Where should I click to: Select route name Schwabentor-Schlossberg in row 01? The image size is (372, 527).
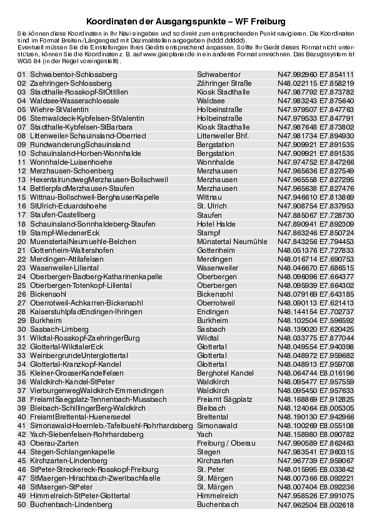point(74,74)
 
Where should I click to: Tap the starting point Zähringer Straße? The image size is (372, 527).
point(224,83)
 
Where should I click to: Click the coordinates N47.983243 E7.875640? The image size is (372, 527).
point(316,100)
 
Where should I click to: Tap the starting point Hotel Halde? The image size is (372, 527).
point(216,223)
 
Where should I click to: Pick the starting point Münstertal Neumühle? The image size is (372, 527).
point(232,241)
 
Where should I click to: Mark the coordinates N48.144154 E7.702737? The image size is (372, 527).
point(316,311)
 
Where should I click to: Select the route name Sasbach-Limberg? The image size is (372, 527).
point(59,329)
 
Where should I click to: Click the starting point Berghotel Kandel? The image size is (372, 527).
point(225,372)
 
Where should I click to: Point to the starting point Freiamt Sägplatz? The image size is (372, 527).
point(224,399)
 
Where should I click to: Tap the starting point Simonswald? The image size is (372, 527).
point(218,425)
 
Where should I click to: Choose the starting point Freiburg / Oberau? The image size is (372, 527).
point(226,443)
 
